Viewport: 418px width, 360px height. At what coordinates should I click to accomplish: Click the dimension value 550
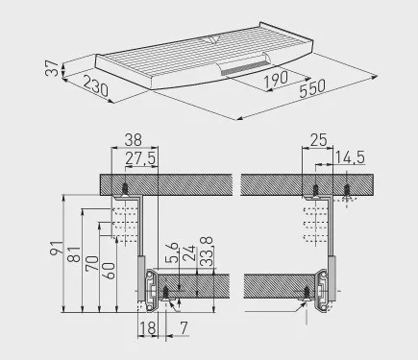click(x=312, y=87)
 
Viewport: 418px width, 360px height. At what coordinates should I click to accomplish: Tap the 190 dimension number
click(x=276, y=79)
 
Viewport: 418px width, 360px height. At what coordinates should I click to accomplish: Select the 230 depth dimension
click(x=95, y=85)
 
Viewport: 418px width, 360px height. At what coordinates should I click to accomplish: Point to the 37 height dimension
click(x=52, y=68)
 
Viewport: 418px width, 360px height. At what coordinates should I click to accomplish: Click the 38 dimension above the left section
click(x=134, y=140)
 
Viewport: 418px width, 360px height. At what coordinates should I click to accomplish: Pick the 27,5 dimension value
click(x=140, y=158)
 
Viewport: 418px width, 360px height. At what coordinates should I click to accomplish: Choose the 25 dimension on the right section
click(x=319, y=140)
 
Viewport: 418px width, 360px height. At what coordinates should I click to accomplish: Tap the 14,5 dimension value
click(x=350, y=157)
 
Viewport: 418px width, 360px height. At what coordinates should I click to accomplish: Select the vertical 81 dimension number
click(x=74, y=254)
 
